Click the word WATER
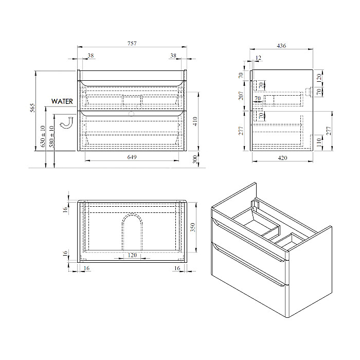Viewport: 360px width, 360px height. pos(62,101)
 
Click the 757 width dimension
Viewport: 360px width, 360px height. pos(132,43)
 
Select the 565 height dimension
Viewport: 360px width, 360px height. pos(32,107)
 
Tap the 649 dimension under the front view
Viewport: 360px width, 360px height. pos(132,157)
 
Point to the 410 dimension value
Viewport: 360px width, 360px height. pos(195,121)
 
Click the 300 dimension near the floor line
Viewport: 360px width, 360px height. pos(195,159)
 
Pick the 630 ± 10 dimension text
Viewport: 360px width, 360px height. pos(43,136)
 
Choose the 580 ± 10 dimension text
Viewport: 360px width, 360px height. pos(51,136)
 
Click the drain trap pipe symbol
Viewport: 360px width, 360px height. pos(66,122)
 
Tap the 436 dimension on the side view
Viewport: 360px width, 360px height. pos(281,46)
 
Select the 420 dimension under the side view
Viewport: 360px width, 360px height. pos(282,158)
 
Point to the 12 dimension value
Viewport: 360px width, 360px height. pos(258,58)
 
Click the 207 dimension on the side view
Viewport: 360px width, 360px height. pos(241,96)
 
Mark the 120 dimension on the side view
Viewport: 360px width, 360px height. pos(318,78)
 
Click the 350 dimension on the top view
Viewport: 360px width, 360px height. pos(193,227)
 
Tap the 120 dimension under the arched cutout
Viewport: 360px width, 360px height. pos(132,255)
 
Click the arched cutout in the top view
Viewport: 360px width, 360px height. pos(132,232)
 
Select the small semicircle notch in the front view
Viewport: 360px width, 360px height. pos(131,113)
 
